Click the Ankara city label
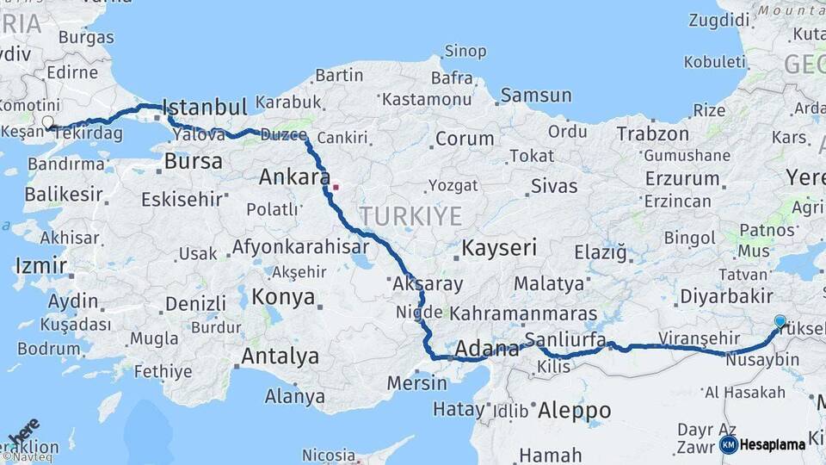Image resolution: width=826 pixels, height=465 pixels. pos(294,177)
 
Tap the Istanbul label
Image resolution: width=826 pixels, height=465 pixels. pos(205,107)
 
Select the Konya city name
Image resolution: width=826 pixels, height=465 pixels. pos(283,298)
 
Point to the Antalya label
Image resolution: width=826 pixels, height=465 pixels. pos(280,356)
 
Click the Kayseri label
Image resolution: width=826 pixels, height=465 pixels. pos(499,249)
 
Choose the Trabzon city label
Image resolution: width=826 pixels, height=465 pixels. pos(653,133)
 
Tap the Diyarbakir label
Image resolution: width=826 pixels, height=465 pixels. pos(725,296)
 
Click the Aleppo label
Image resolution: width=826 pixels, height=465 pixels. pos(574,411)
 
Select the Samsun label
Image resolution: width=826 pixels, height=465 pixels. pos(536,96)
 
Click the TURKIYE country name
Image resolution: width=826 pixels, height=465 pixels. pos(410,215)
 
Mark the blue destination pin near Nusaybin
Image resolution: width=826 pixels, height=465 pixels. pos(780,322)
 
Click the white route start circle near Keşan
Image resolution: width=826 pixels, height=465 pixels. pos(47,123)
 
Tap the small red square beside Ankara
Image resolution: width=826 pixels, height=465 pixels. pos(336,186)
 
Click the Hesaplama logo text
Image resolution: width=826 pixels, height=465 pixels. pos(773,444)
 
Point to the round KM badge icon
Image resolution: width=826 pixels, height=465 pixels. pos(729,444)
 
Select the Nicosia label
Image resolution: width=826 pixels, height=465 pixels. pos(329,455)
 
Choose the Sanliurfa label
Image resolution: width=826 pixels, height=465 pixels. pos(565,338)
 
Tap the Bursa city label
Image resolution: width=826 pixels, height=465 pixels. pos(193,160)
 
